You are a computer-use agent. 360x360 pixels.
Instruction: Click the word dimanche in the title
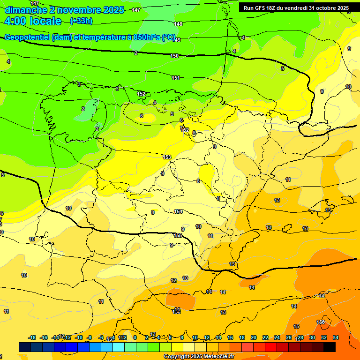[26, 10]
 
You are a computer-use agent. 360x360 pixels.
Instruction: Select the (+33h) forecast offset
[81, 21]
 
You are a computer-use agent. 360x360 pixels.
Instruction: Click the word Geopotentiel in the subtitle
[27, 37]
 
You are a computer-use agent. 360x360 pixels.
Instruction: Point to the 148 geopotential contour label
[178, 24]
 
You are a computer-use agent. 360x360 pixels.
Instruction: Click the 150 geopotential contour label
[174, 56]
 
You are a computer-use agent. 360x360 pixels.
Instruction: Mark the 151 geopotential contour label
[176, 78]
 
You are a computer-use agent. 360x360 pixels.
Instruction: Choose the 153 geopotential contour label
[167, 157]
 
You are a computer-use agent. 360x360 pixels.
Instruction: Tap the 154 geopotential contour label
[178, 212]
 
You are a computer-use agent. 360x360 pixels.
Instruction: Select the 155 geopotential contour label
[178, 235]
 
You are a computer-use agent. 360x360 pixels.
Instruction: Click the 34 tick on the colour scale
[336, 337]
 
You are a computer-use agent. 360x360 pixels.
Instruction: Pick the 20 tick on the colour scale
[254, 337]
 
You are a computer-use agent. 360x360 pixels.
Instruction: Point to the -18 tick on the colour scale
[32, 337]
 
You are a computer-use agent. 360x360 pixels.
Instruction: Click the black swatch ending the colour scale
[330, 347]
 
